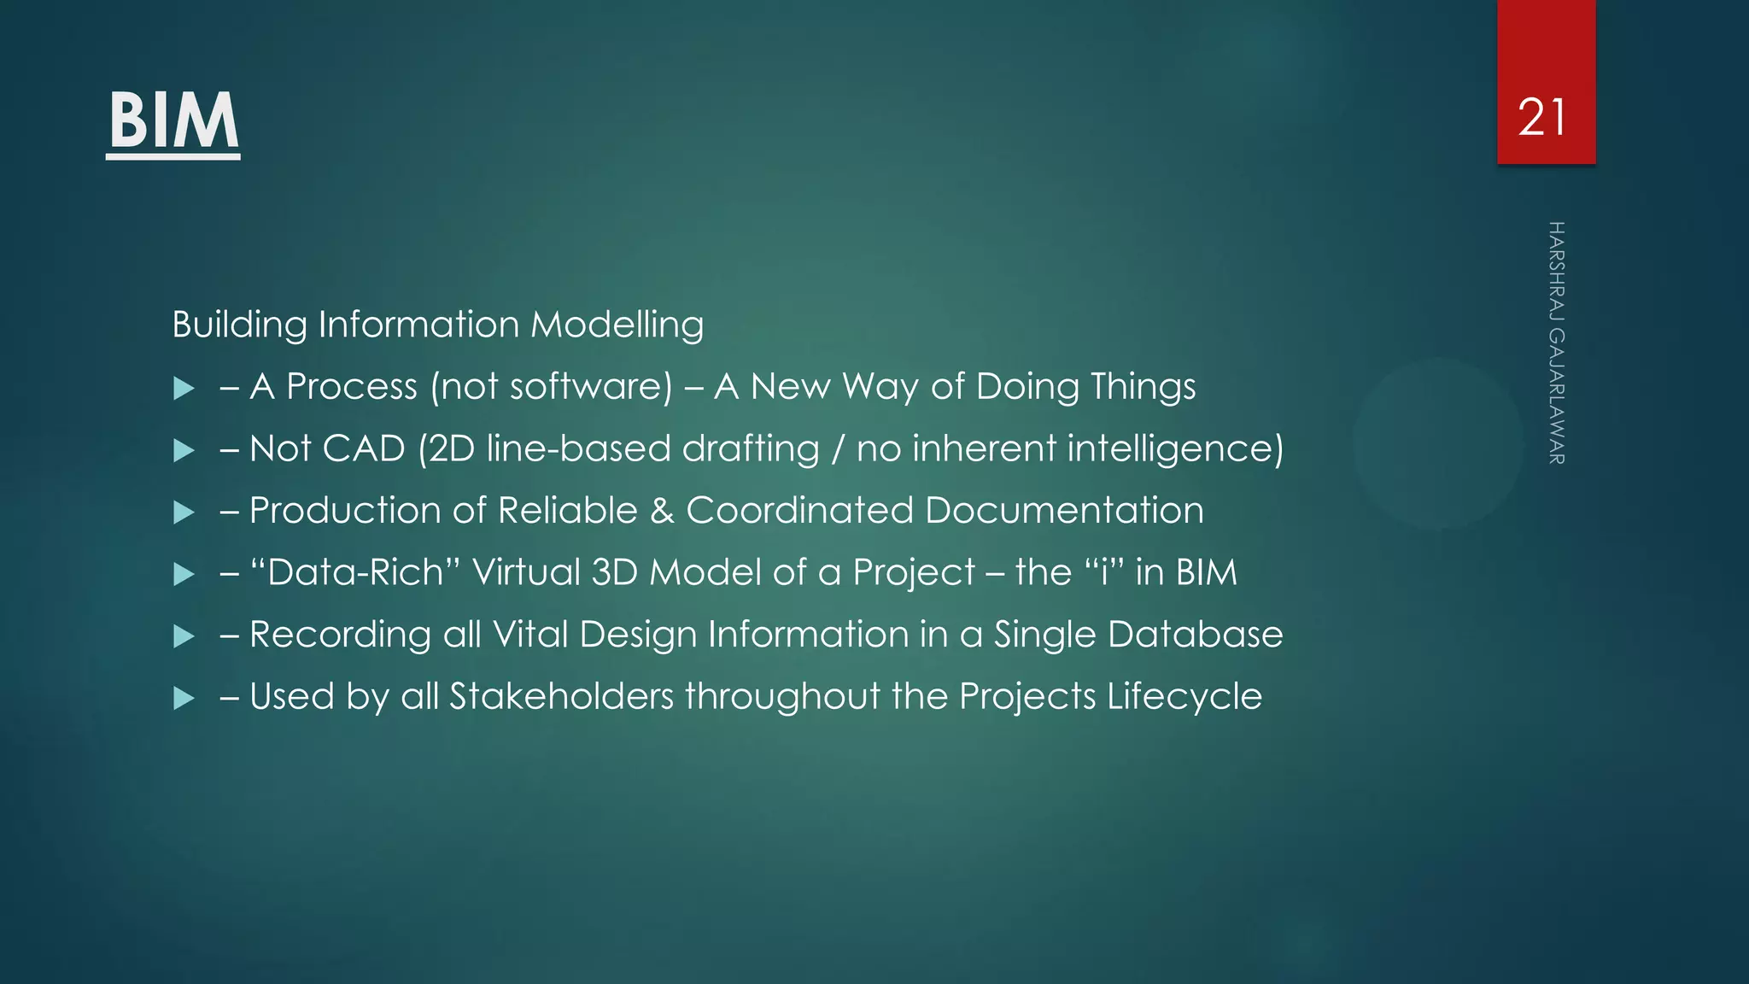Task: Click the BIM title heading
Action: point(173,121)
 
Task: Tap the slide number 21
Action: point(1542,118)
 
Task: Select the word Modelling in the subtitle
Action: point(617,325)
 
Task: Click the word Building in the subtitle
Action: point(239,325)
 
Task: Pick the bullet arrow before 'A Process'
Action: point(184,389)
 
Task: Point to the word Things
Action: point(1141,387)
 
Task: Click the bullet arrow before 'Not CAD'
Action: point(184,451)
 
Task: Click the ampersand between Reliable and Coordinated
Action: point(662,511)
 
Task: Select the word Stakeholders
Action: point(561,696)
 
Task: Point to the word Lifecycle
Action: point(1185,697)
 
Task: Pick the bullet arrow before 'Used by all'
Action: point(184,700)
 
